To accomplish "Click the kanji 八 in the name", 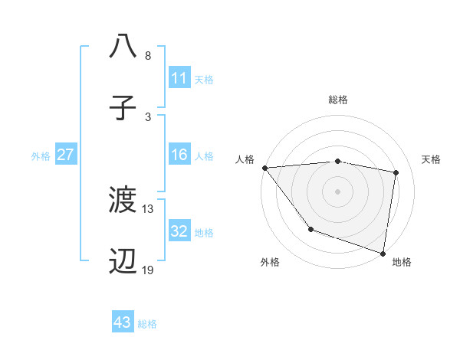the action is point(123,46).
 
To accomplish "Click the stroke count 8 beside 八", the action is point(147,56).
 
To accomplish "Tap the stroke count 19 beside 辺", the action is point(148,270).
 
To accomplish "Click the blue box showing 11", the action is point(179,78).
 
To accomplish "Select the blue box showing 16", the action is point(179,155).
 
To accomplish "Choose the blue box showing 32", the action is point(179,231).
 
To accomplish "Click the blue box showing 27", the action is point(65,155).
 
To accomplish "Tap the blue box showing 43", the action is point(123,322).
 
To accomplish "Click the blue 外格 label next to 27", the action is point(41,155).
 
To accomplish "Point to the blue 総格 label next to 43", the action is point(147,323).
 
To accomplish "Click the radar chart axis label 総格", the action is point(337,100).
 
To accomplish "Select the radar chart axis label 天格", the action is point(431,159).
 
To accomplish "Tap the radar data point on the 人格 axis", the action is point(264,168).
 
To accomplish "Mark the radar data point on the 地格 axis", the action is point(383,253).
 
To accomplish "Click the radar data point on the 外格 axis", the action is point(310,229).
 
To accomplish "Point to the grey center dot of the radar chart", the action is point(337,191).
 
